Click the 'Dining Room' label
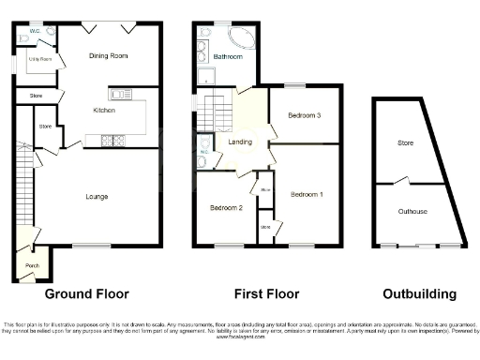(109, 56)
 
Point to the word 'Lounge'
(97, 196)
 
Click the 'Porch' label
(30, 265)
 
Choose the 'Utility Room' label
(39, 59)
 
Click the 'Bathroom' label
(228, 57)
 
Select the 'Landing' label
(240, 141)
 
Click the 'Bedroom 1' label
(307, 194)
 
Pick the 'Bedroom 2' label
(226, 207)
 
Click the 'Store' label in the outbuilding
(405, 143)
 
